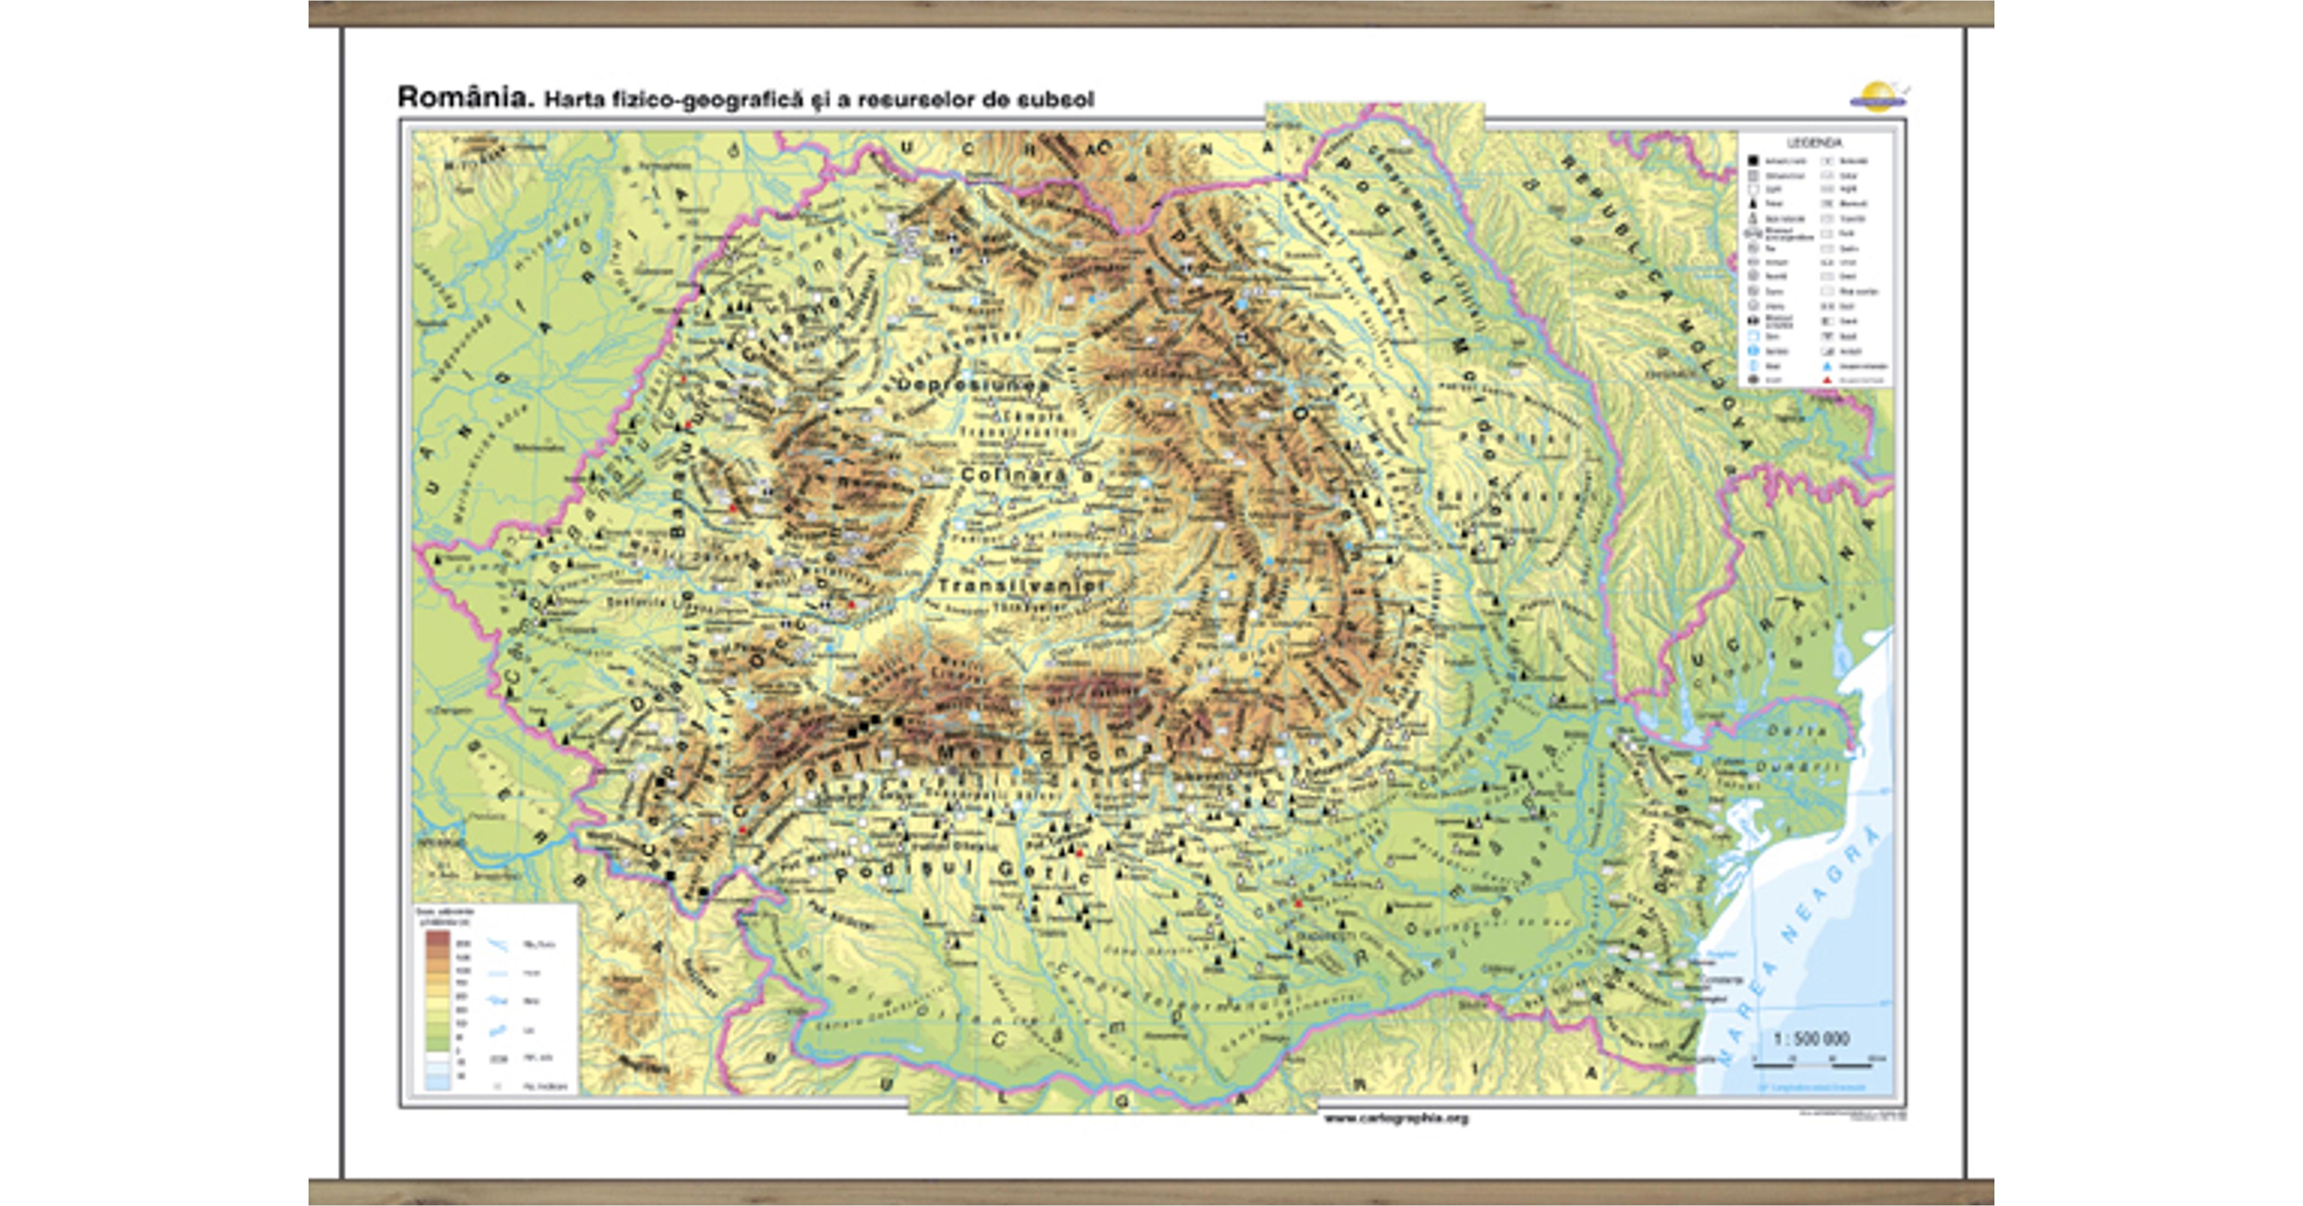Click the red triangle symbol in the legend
(x=1827, y=380)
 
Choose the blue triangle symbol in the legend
(x=1827, y=366)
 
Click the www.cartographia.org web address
(x=1395, y=1118)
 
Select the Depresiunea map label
(x=973, y=384)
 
